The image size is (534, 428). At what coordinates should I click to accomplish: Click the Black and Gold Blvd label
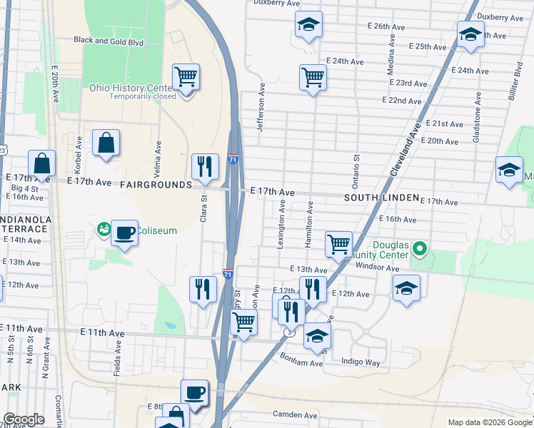pyautogui.click(x=109, y=41)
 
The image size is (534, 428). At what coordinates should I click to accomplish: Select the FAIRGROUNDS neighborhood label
pyautogui.click(x=156, y=185)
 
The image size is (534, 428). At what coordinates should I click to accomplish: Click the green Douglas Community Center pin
pyautogui.click(x=420, y=250)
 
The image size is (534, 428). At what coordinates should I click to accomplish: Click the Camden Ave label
pyautogui.click(x=295, y=414)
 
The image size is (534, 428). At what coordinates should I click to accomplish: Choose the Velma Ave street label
pyautogui.click(x=158, y=151)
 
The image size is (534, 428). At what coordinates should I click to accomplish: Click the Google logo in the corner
pyautogui.click(x=24, y=419)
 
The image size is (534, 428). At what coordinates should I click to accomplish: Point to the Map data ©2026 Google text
pyautogui.click(x=488, y=422)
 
